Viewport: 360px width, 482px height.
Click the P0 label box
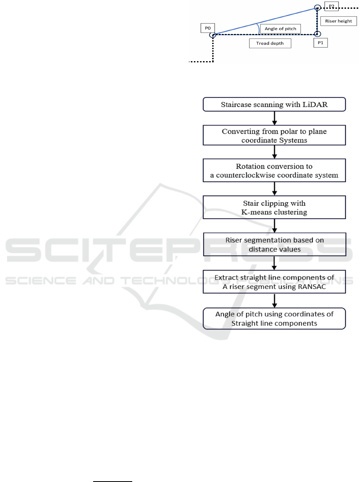207,28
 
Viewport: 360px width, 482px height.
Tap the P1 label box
320,43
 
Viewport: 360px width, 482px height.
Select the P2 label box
332,6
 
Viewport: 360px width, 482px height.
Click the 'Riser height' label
338,21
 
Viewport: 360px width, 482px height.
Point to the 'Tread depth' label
270,43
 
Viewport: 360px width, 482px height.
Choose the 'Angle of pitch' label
280,29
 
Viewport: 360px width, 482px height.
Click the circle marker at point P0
213,35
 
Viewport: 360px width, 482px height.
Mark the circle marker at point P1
317,34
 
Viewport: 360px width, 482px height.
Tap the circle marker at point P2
317,8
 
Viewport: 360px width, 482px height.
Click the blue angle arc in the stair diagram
259,28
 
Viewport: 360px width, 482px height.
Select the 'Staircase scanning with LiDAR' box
274,104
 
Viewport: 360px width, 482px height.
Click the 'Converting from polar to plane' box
274,135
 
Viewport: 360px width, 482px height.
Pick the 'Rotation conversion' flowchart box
274,170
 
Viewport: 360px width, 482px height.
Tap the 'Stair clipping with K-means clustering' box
274,207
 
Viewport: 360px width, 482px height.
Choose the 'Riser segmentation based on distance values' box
274,245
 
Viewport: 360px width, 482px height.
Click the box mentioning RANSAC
274,282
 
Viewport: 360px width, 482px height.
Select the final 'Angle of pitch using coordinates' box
274,319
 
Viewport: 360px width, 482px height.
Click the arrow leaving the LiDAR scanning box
274,118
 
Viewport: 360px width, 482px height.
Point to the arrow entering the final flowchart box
274,301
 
